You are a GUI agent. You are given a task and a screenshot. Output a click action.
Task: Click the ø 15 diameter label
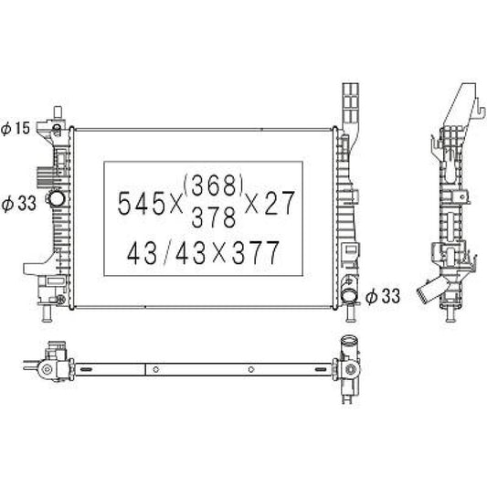click(x=16, y=128)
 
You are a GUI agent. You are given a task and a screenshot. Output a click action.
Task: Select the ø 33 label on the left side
click(x=18, y=204)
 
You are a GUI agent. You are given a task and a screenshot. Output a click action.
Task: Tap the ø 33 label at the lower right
click(x=383, y=296)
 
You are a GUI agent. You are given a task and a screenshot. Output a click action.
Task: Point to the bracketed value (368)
click(x=213, y=185)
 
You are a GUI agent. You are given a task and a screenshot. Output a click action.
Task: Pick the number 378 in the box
click(x=214, y=217)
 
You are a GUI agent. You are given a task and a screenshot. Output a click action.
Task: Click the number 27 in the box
click(x=279, y=203)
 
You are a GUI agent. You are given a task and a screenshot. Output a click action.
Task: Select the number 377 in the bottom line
click(x=256, y=253)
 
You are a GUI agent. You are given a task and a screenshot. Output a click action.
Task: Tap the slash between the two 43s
click(x=167, y=253)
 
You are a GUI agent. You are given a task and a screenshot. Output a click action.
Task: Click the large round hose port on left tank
click(x=57, y=198)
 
